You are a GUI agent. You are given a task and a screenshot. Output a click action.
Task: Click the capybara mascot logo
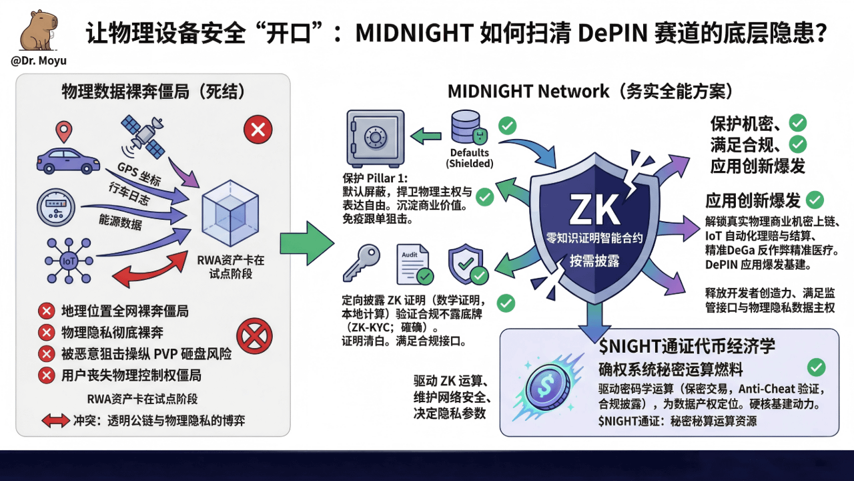coord(37,31)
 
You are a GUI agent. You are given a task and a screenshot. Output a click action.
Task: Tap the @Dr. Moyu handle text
coord(39,61)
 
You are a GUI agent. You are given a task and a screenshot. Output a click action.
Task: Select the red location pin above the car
coord(63,132)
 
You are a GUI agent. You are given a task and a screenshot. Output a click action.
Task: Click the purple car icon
coord(67,160)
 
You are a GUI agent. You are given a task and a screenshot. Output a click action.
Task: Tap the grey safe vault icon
coord(375,138)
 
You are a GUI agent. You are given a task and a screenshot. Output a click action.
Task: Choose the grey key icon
coord(361,263)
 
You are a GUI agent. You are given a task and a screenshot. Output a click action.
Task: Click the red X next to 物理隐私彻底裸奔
coord(46,332)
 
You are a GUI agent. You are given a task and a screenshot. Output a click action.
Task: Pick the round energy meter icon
coord(57,208)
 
